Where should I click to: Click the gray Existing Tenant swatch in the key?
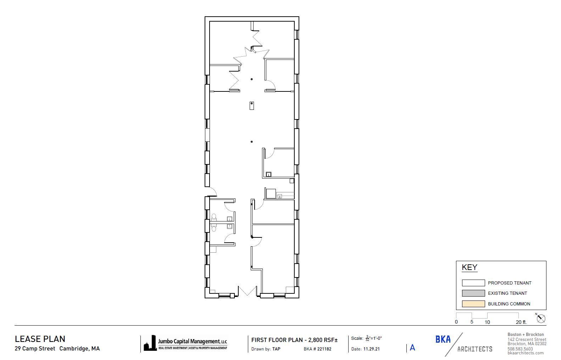pyautogui.click(x=473, y=293)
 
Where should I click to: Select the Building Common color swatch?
pyautogui.click(x=473, y=304)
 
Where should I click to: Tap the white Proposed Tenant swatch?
pyautogui.click(x=473, y=283)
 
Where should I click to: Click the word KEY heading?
pyautogui.click(x=470, y=268)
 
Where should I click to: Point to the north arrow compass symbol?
pyautogui.click(x=541, y=319)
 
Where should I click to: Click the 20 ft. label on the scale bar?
pyautogui.click(x=521, y=322)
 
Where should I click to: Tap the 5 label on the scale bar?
pyautogui.click(x=472, y=322)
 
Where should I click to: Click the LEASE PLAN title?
pyautogui.click(x=40, y=339)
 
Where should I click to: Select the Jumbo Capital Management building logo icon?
pyautogui.click(x=150, y=343)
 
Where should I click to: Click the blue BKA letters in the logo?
pyautogui.click(x=443, y=339)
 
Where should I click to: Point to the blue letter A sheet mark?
pyautogui.click(x=412, y=348)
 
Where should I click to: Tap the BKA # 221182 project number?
pyautogui.click(x=317, y=349)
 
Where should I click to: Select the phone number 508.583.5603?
pyautogui.click(x=520, y=349)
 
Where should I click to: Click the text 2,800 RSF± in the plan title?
pyautogui.click(x=323, y=340)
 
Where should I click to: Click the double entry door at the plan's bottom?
pyautogui.click(x=248, y=292)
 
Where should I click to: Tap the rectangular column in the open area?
pyautogui.click(x=251, y=105)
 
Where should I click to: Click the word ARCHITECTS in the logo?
pyautogui.click(x=475, y=349)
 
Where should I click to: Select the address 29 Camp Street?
pyautogui.click(x=35, y=349)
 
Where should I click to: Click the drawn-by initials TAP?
pyautogui.click(x=276, y=349)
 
